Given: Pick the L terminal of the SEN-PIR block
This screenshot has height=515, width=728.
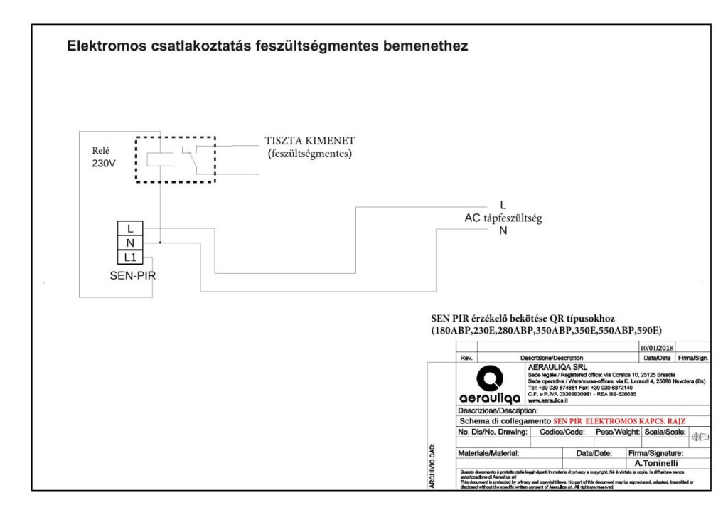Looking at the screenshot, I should point(130,229).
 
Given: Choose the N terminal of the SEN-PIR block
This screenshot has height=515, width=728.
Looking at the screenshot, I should point(130,243).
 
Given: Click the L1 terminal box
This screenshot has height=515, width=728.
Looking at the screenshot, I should point(130,257).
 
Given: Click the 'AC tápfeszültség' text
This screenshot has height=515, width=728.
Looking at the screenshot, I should point(499,219).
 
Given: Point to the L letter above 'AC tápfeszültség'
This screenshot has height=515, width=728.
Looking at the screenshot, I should point(503,206).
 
